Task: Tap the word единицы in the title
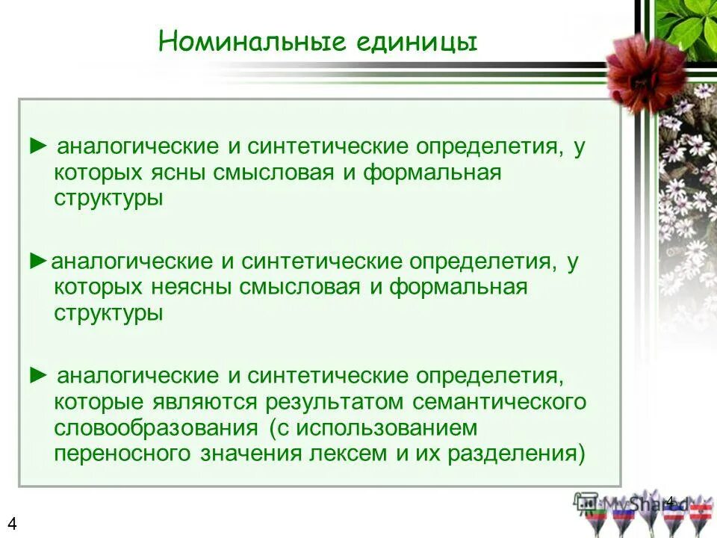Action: click(x=415, y=42)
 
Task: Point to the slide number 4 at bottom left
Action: click(x=12, y=523)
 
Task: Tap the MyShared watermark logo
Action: click(x=635, y=504)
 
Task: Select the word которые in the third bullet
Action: click(x=99, y=403)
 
